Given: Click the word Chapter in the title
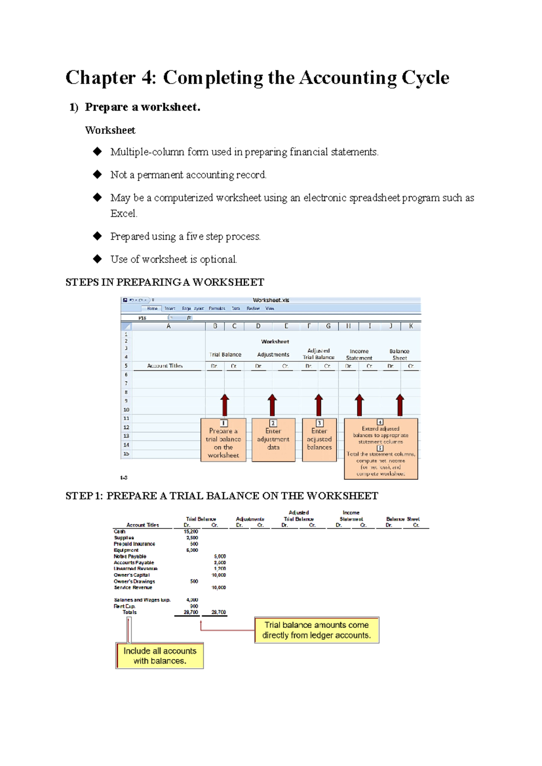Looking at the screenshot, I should pos(100,78).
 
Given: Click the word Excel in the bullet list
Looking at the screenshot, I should pos(123,214).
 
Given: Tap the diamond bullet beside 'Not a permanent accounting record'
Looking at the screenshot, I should pos(97,174).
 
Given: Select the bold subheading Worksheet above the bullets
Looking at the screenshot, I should pos(110,131).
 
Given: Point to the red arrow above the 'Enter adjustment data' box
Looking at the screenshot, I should pos(272,404).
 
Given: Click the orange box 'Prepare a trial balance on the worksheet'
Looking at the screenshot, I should pos(223,440).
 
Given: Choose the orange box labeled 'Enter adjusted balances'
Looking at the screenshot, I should pos(319,439).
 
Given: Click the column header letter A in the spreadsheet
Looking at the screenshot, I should pos(168,326).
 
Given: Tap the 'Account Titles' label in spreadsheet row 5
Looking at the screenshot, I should pos(165,366).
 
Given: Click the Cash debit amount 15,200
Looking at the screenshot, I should pos(191,532).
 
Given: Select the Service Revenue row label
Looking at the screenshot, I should pos(133,588).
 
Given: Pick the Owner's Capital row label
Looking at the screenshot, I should pos(131,575).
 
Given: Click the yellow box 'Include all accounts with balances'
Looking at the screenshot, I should pos(160,656).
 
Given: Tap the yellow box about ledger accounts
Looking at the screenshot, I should pos(317,630).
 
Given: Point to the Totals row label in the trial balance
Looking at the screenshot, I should pos(129,612).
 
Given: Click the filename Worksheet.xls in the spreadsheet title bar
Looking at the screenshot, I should pos(271,300).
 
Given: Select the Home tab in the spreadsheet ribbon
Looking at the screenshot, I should pos(152,308).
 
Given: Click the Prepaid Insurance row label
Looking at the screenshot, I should pos(134,544).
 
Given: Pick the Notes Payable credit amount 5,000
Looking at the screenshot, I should pos(220,556).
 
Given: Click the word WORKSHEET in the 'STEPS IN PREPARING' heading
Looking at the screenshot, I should pos(228,283).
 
